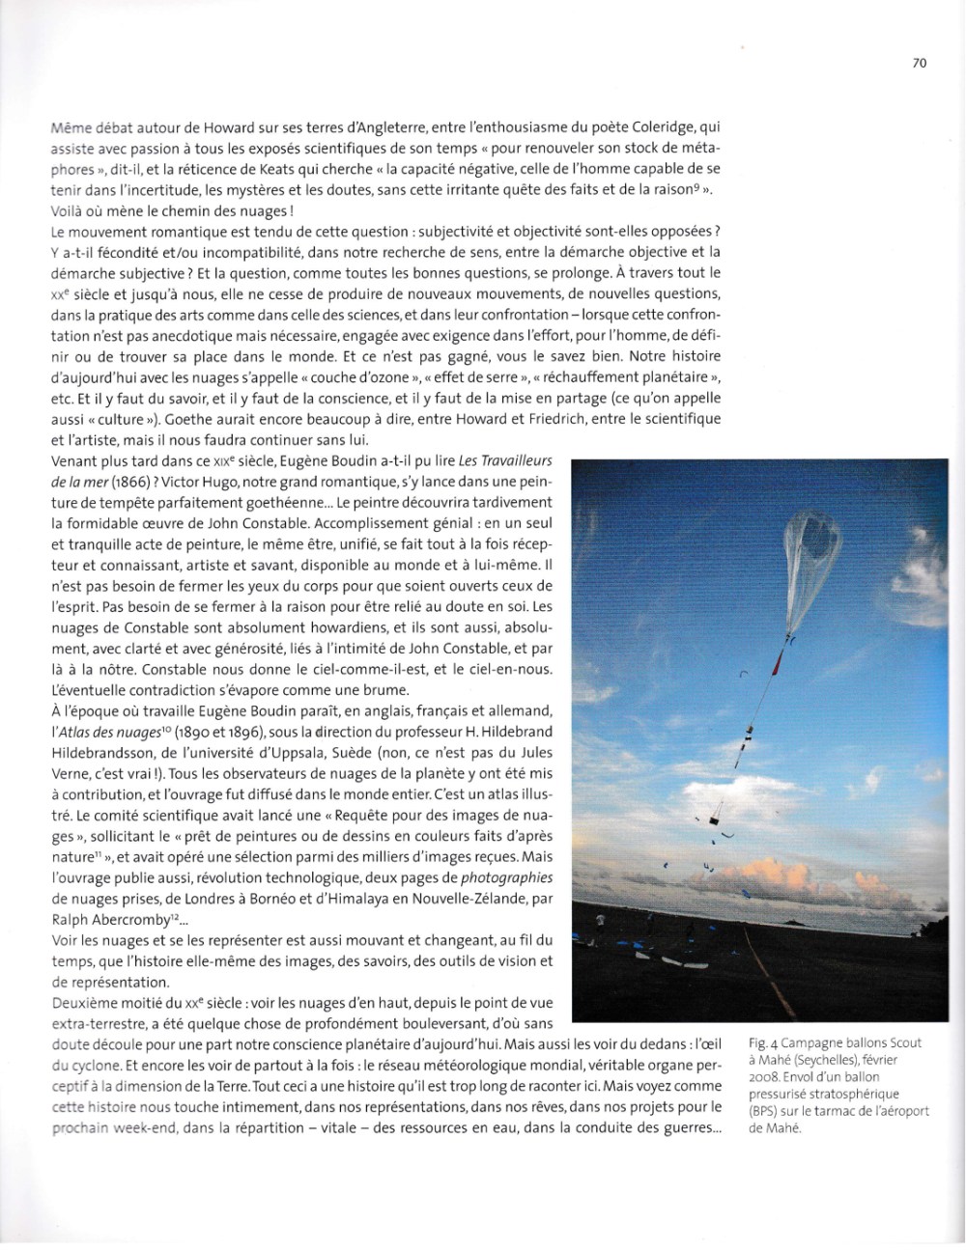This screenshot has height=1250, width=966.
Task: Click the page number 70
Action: pos(918,63)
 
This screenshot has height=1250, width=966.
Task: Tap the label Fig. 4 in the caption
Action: pos(764,1042)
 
